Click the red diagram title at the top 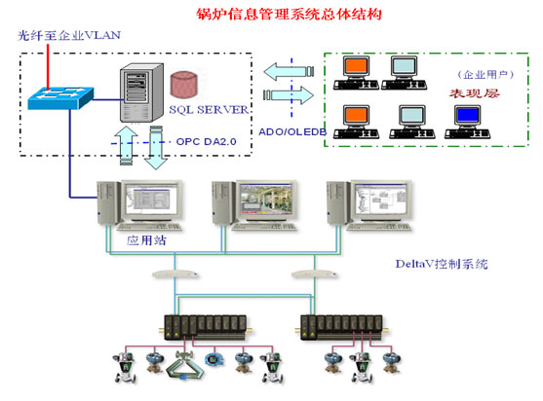tap(275, 15)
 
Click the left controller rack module tap(203, 325)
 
